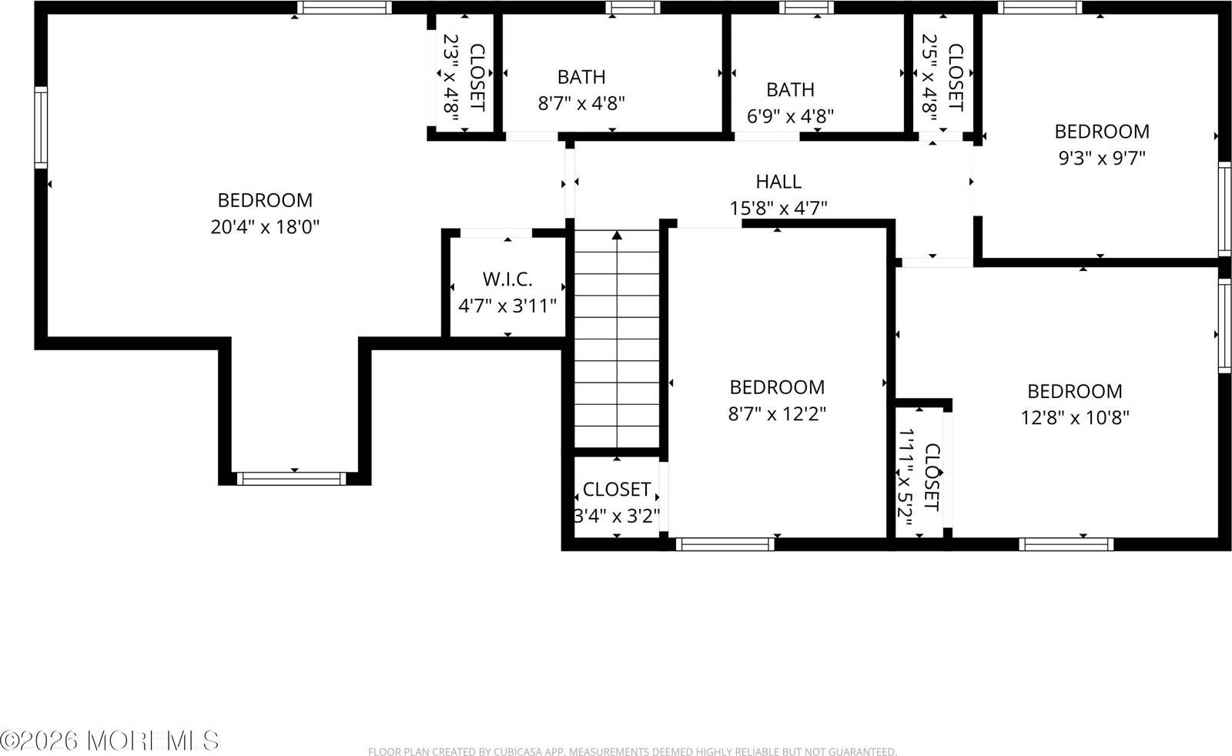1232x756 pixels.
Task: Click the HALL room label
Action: (x=778, y=182)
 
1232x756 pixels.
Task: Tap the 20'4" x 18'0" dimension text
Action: (x=264, y=227)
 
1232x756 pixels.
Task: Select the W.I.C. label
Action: (x=507, y=279)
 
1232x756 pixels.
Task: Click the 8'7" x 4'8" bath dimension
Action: (x=581, y=103)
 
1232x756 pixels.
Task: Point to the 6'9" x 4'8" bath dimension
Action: (x=791, y=116)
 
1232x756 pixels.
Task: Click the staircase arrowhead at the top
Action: (x=617, y=235)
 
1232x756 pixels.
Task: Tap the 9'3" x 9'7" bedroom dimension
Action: (x=1102, y=158)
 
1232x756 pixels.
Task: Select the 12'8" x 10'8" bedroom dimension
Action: (x=1075, y=417)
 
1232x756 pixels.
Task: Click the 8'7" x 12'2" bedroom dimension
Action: (x=777, y=413)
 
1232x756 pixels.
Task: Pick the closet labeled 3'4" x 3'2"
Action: (x=617, y=501)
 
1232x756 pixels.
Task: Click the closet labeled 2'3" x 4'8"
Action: (x=464, y=77)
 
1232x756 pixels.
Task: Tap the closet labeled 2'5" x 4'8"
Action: (x=942, y=77)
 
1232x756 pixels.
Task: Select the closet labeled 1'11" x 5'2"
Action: (x=919, y=477)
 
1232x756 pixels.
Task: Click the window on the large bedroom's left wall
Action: (x=41, y=128)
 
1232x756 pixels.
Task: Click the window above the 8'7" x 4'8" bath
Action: (x=632, y=8)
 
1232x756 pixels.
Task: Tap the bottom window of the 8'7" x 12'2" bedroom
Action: (x=725, y=544)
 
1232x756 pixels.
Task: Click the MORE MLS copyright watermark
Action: (x=110, y=741)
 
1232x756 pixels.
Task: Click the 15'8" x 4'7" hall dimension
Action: (x=778, y=208)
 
